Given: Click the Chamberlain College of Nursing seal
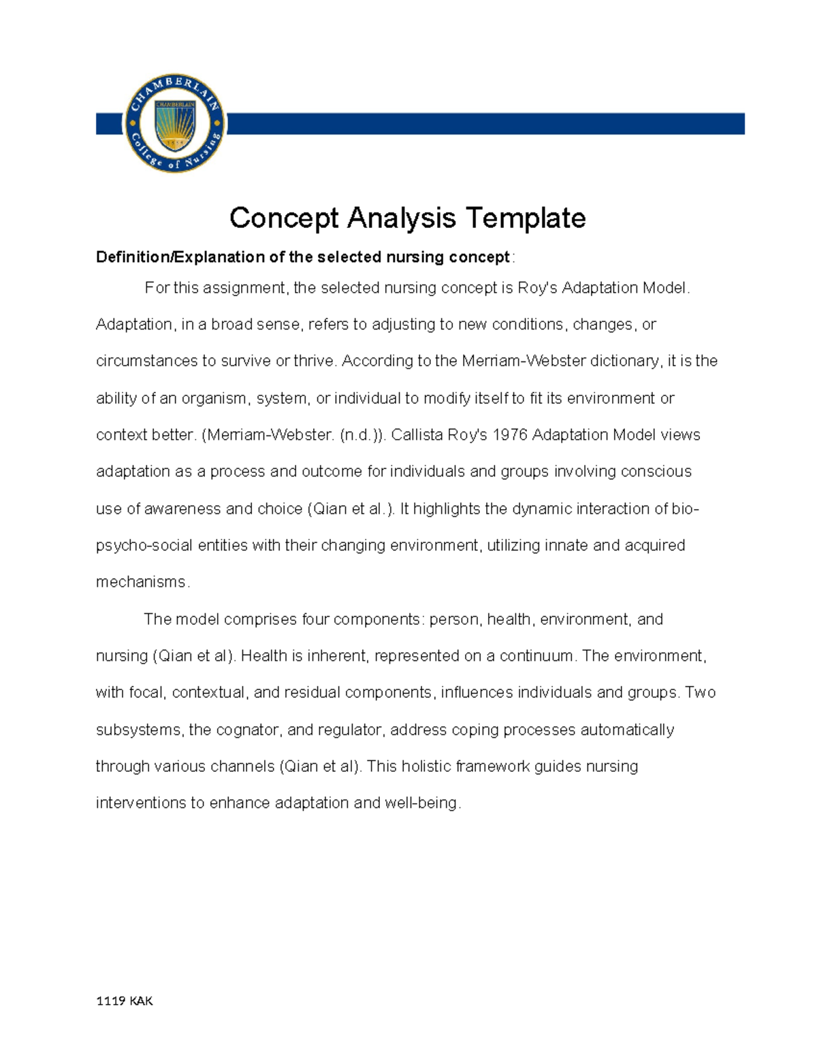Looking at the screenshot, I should point(174,123).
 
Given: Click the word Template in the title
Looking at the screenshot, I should point(526,218).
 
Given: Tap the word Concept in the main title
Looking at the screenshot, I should point(284,218).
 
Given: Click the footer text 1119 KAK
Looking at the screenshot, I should point(125,1001).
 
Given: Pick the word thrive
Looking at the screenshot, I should point(314,361).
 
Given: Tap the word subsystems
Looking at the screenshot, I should point(139,730).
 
